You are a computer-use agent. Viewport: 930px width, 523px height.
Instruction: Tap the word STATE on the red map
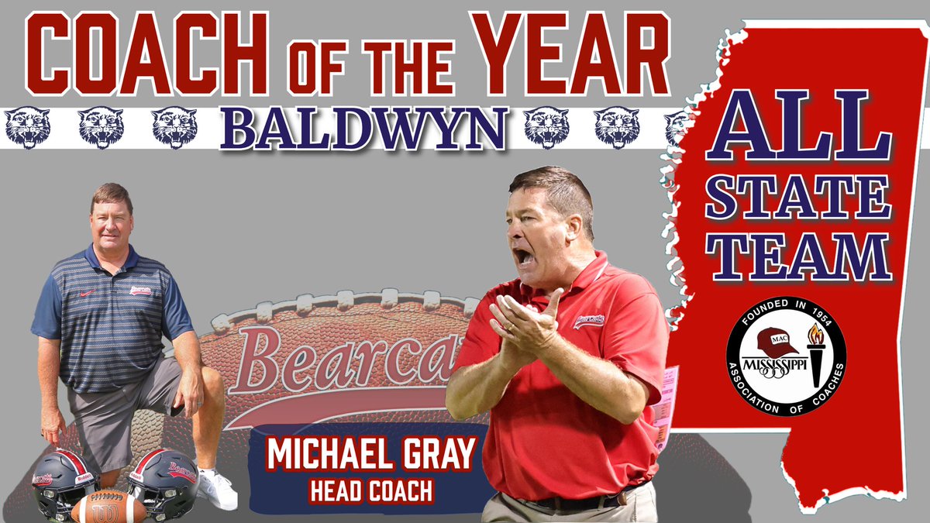coord(797,197)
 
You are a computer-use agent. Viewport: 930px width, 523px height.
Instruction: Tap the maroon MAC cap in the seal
coord(777,339)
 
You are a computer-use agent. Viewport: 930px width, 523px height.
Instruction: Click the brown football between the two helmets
coord(108,508)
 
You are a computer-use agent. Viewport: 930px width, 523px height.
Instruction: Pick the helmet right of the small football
coord(164,480)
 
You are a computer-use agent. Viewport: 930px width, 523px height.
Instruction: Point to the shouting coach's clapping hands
coord(527,325)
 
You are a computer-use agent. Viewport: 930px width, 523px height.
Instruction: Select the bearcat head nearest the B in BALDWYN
coord(174,128)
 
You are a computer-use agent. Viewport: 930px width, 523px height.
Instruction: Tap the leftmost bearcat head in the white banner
coord(26,128)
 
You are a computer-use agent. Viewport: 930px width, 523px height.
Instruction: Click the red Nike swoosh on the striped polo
coord(88,293)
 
